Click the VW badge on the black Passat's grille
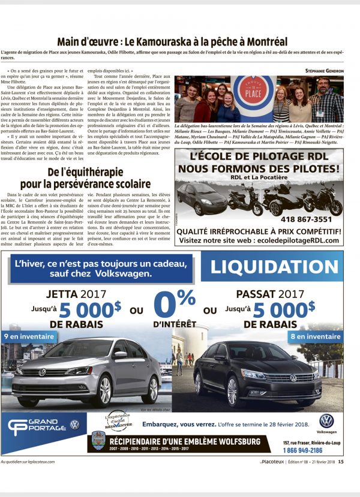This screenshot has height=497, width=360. [293, 378]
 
